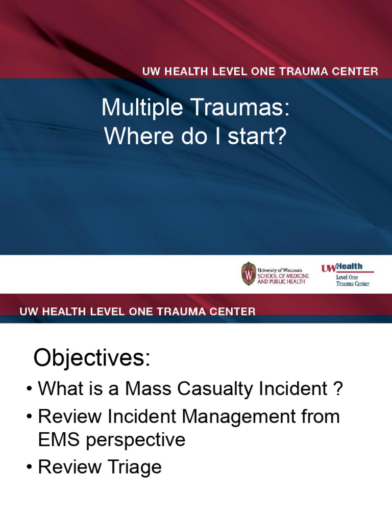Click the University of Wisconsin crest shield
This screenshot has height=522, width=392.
coord(248,274)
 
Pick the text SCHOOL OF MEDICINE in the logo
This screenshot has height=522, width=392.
coord(283,276)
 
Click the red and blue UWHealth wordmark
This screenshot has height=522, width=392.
coord(341,267)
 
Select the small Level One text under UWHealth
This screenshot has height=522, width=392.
coord(347,277)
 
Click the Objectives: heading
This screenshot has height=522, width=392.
coord(92,358)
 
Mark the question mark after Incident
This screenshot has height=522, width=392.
coord(337,389)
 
